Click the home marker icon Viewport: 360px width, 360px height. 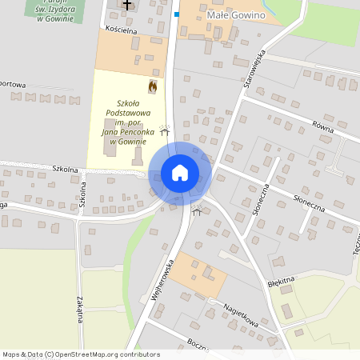point(179,173)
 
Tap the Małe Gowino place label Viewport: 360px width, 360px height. point(235,14)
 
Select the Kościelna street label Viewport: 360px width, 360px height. point(122,30)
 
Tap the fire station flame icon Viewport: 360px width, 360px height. point(152,85)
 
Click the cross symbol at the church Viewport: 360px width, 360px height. point(126,5)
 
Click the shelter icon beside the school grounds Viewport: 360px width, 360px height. point(165,129)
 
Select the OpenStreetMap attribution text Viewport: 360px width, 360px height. point(70,354)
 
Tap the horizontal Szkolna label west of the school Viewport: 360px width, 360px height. point(65,170)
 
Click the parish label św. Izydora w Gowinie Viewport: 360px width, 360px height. point(50,12)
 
